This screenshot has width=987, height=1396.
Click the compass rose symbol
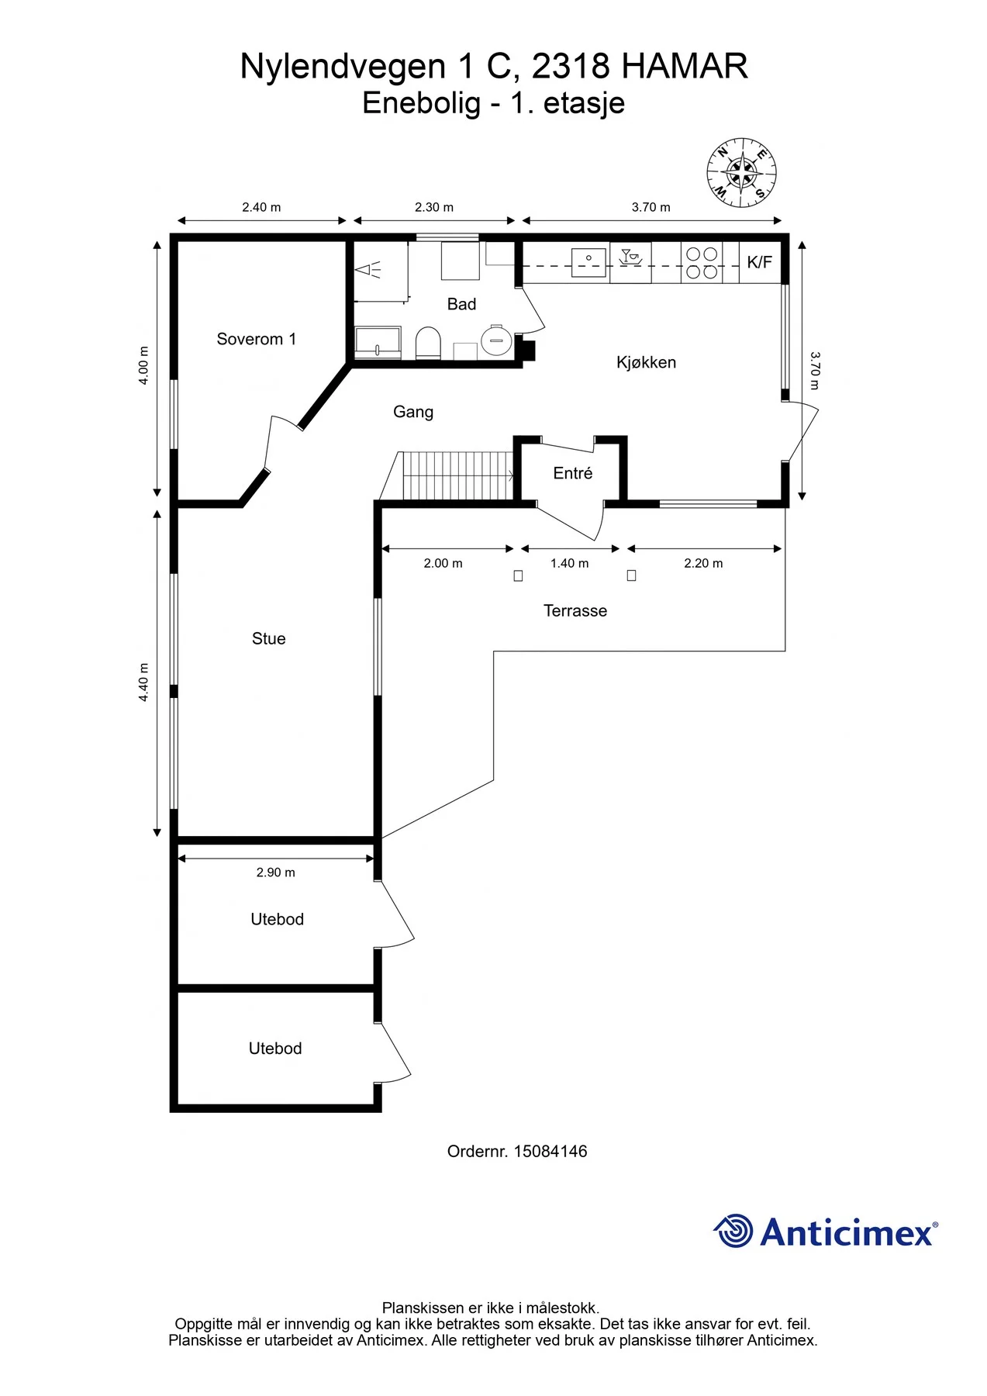pyautogui.click(x=741, y=173)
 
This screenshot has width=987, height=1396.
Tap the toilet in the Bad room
pyautogui.click(x=428, y=343)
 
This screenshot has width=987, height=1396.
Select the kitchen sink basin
pyautogui.click(x=588, y=261)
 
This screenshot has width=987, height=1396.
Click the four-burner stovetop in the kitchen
pyautogui.click(x=702, y=263)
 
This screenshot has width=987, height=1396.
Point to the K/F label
pyautogui.click(x=759, y=262)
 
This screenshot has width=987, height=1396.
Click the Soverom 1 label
pyautogui.click(x=257, y=339)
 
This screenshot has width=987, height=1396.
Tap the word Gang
pyautogui.click(x=413, y=412)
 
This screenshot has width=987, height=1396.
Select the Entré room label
pyautogui.click(x=573, y=473)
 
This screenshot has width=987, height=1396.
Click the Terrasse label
pyautogui.click(x=575, y=610)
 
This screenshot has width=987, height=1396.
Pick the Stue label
pyautogui.click(x=269, y=638)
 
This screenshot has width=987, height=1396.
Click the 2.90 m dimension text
pyautogui.click(x=276, y=872)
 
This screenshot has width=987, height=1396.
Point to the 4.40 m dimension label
pyautogui.click(x=143, y=682)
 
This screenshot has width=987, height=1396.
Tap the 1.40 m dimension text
pyautogui.click(x=570, y=563)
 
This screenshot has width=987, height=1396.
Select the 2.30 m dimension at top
pyautogui.click(x=434, y=207)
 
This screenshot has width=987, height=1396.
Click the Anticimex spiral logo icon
pyautogui.click(x=733, y=1231)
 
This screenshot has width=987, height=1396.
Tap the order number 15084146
pyautogui.click(x=550, y=1152)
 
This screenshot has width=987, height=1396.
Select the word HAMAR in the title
pyautogui.click(x=685, y=66)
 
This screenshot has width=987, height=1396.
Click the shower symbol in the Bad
pyautogui.click(x=368, y=270)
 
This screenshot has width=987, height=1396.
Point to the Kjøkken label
pyautogui.click(x=647, y=362)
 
